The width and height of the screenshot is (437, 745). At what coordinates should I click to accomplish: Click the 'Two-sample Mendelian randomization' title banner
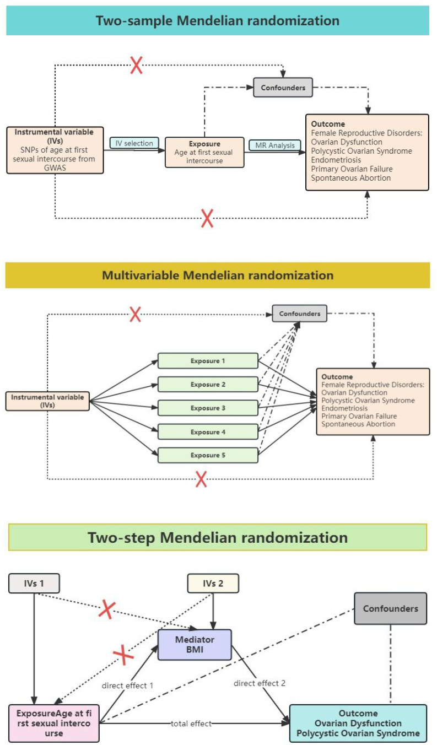(218, 21)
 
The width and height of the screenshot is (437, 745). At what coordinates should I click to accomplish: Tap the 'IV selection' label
(134, 143)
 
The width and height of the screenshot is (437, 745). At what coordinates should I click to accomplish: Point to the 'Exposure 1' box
(208, 361)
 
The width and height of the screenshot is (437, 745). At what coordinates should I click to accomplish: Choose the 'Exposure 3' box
(208, 408)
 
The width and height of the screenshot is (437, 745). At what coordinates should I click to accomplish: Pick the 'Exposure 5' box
(208, 455)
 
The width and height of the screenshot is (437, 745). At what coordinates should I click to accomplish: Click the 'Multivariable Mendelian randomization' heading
(218, 275)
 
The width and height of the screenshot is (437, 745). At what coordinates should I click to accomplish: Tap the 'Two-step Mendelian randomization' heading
(218, 537)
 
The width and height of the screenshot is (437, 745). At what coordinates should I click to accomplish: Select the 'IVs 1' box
(34, 584)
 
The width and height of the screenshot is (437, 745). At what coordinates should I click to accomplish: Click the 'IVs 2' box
(213, 584)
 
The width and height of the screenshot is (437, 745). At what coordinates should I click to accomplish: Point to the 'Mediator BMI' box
(194, 645)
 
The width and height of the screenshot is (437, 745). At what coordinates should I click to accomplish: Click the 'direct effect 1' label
(127, 685)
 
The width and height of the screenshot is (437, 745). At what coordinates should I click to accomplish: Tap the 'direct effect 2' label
(258, 683)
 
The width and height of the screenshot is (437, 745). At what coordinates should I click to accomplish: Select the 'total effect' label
(191, 724)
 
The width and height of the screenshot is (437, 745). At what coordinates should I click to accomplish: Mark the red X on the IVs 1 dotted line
(107, 609)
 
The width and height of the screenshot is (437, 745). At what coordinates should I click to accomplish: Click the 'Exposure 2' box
(208, 385)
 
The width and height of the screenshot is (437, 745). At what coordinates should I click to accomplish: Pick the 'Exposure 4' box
(208, 432)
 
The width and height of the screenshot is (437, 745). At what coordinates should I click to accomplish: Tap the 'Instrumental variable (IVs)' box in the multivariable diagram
(47, 401)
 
